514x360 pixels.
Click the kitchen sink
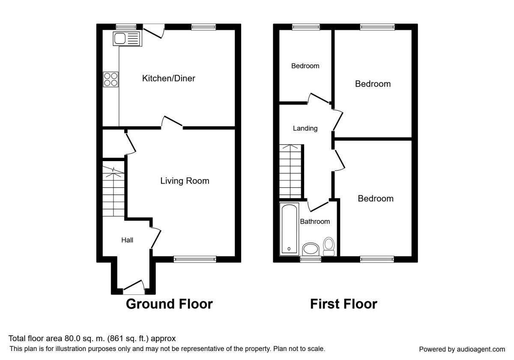[x=127, y=39]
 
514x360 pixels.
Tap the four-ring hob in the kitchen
[x=111, y=79]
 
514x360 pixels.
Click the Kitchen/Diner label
[x=169, y=78]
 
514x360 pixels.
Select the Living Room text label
[x=185, y=181]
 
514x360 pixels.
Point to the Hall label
[x=127, y=240]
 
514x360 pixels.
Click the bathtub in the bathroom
[x=290, y=229]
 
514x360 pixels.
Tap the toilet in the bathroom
[x=329, y=246]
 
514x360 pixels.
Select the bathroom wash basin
[x=311, y=249]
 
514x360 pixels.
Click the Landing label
[x=305, y=128]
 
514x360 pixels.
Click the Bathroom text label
[x=315, y=222]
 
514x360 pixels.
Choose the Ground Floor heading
[x=169, y=304]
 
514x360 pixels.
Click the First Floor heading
[x=344, y=304]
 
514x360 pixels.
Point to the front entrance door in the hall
[x=134, y=288]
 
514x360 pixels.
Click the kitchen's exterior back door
[x=154, y=32]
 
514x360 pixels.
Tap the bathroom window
[x=311, y=259]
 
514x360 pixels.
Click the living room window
[x=195, y=259]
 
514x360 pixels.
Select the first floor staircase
[x=290, y=171]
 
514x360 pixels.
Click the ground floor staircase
[x=114, y=189]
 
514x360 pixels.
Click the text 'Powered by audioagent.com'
[x=462, y=349]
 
